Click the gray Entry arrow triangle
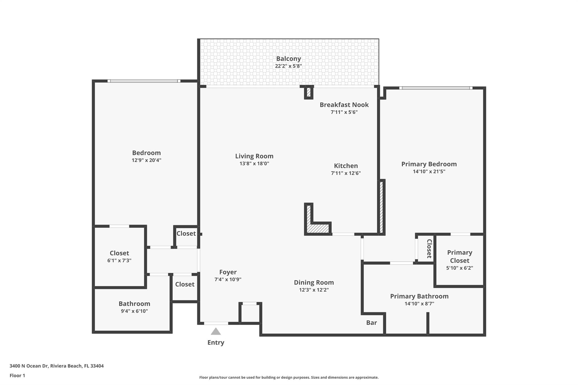(216, 332)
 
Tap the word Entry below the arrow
(216, 342)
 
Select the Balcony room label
(288, 59)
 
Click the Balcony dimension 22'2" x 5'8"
(288, 66)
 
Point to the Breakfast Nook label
(344, 105)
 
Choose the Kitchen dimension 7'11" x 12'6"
(346, 173)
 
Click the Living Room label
(254, 156)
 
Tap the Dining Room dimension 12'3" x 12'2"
(314, 290)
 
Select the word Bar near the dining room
(371, 323)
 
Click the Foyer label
(228, 272)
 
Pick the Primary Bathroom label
(419, 296)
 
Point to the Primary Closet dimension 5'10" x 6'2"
(459, 268)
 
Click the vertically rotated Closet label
(429, 248)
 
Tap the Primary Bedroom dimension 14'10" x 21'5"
(429, 171)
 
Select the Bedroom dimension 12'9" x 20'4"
(146, 160)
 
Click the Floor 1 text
(17, 375)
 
